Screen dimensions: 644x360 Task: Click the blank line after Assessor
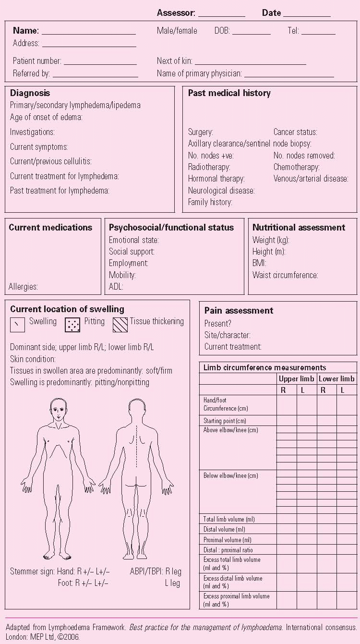click(x=221, y=14)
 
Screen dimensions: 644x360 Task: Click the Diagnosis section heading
click(x=30, y=93)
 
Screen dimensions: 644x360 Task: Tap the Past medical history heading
click(x=229, y=93)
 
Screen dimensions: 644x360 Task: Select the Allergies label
click(x=23, y=287)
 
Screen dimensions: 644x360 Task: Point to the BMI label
click(x=259, y=263)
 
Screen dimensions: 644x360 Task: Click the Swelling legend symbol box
click(x=18, y=325)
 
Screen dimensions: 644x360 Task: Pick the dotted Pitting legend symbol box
click(x=72, y=325)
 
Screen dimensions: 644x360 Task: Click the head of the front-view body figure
click(x=58, y=409)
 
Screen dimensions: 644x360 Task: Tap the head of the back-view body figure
click(x=136, y=409)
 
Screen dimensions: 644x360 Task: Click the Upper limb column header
click(x=296, y=379)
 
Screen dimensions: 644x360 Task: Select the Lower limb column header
click(x=336, y=379)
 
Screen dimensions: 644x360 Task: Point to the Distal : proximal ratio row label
click(x=228, y=550)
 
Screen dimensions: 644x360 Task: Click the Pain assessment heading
click(x=239, y=311)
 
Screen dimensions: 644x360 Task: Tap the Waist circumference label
click(x=285, y=275)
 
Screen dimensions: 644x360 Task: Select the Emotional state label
click(x=133, y=240)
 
